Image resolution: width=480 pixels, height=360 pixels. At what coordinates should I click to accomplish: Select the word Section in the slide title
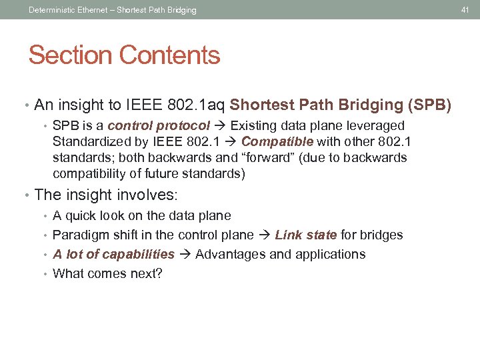click(69, 55)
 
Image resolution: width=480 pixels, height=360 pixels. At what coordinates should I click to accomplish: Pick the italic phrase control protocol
click(159, 126)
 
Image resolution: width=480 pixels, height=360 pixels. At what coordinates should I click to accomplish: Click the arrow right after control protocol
click(221, 126)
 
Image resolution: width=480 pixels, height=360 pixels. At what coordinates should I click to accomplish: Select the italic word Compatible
click(277, 141)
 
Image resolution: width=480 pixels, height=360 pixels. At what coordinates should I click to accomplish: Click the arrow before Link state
click(265, 235)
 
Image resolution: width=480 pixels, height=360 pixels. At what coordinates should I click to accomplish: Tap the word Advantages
click(229, 254)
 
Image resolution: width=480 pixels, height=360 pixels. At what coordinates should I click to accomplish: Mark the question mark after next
click(159, 273)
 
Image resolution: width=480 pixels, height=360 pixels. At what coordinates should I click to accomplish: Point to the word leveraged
click(379, 126)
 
